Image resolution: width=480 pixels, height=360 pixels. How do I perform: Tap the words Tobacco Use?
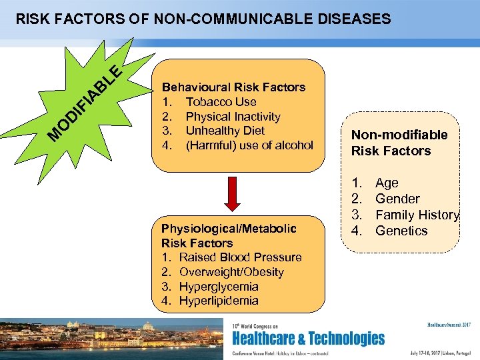click(221, 101)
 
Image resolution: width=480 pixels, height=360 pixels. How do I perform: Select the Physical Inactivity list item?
click(233, 116)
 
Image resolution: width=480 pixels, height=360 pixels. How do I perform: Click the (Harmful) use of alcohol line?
click(249, 145)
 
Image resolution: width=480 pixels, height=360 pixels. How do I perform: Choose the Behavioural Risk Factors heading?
click(234, 87)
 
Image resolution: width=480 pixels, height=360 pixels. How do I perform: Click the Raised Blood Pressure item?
click(240, 257)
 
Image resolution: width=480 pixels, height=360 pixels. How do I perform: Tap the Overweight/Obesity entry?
click(231, 272)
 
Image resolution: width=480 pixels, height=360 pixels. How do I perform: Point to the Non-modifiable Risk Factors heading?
click(399, 143)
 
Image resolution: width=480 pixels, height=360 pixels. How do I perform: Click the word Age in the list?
click(387, 183)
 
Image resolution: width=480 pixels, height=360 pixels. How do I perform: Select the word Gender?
click(397, 199)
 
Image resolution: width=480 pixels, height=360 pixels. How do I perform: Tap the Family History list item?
click(417, 215)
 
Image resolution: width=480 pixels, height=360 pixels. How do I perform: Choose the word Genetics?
click(401, 231)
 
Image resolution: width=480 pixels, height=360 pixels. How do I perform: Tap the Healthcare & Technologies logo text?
click(307, 338)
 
